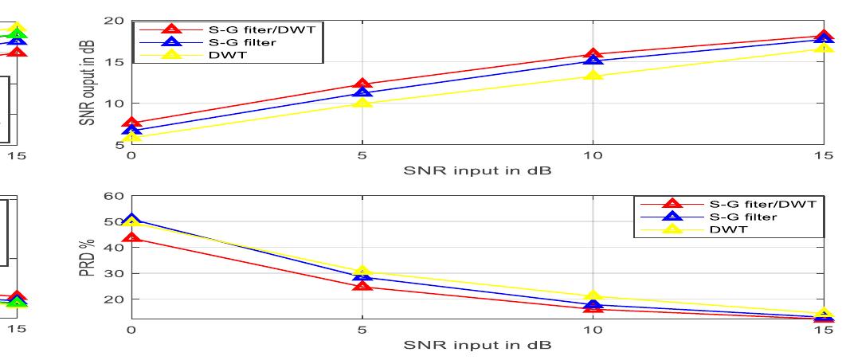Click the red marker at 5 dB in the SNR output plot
click(362, 84)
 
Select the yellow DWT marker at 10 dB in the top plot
click(593, 76)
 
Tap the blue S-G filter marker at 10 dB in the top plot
click(593, 61)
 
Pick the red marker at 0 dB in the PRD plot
click(132, 237)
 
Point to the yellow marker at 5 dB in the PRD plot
click(362, 272)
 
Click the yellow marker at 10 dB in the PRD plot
click(593, 297)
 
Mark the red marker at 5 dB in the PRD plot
click(362, 285)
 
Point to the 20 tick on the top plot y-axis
click(115, 21)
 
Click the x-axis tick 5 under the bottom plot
click(362, 331)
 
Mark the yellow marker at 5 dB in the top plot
click(362, 103)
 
